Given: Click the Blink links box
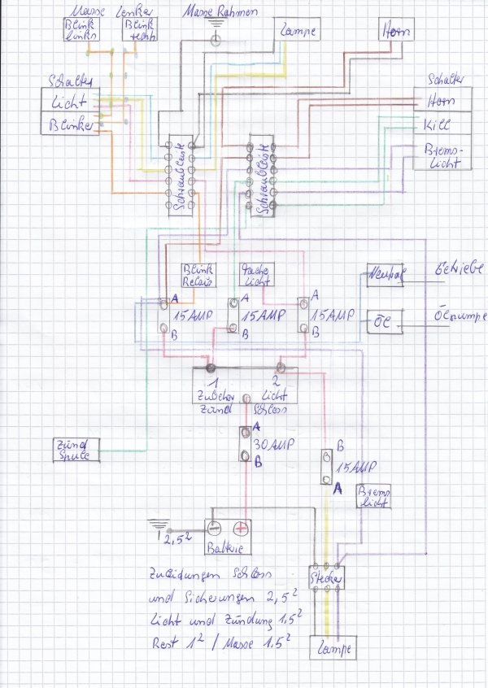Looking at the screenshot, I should (78, 29).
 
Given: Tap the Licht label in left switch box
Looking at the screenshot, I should (70, 102).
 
